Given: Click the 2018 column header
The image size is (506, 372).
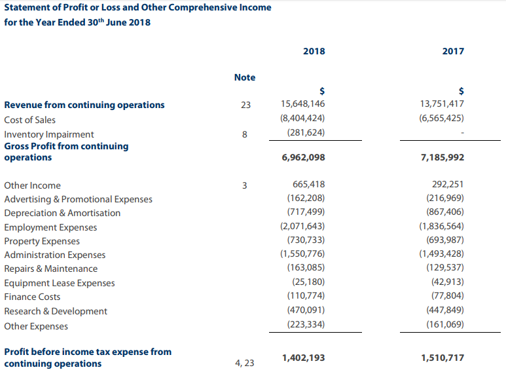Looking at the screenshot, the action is [314, 51].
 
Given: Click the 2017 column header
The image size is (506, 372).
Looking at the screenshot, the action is [453, 51].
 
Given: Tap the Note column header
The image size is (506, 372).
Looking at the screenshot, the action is [245, 77].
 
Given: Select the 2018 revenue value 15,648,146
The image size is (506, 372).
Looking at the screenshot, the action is [302, 103].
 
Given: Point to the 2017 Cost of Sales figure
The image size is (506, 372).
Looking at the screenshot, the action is [441, 118].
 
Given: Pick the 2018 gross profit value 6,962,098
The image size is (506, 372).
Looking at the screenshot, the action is [303, 157].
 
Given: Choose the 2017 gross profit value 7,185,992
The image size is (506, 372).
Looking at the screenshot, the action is [443, 157].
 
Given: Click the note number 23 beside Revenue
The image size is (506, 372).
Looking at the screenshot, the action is [245, 105].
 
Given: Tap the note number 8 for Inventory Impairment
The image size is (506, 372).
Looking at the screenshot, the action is [245, 134].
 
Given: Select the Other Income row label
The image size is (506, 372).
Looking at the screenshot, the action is [32, 185].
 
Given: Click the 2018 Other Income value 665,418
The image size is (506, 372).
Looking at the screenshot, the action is [309, 184].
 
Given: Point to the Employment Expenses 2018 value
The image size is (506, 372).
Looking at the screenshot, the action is [302, 226].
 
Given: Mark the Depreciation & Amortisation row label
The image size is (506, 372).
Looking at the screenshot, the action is [62, 213].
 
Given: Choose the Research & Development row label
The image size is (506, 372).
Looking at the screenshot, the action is [56, 311].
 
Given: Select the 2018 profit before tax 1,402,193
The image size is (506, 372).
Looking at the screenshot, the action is [303, 358].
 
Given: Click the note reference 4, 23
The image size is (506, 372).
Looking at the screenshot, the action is [245, 363].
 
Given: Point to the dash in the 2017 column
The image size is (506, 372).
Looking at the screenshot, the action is [462, 133].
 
